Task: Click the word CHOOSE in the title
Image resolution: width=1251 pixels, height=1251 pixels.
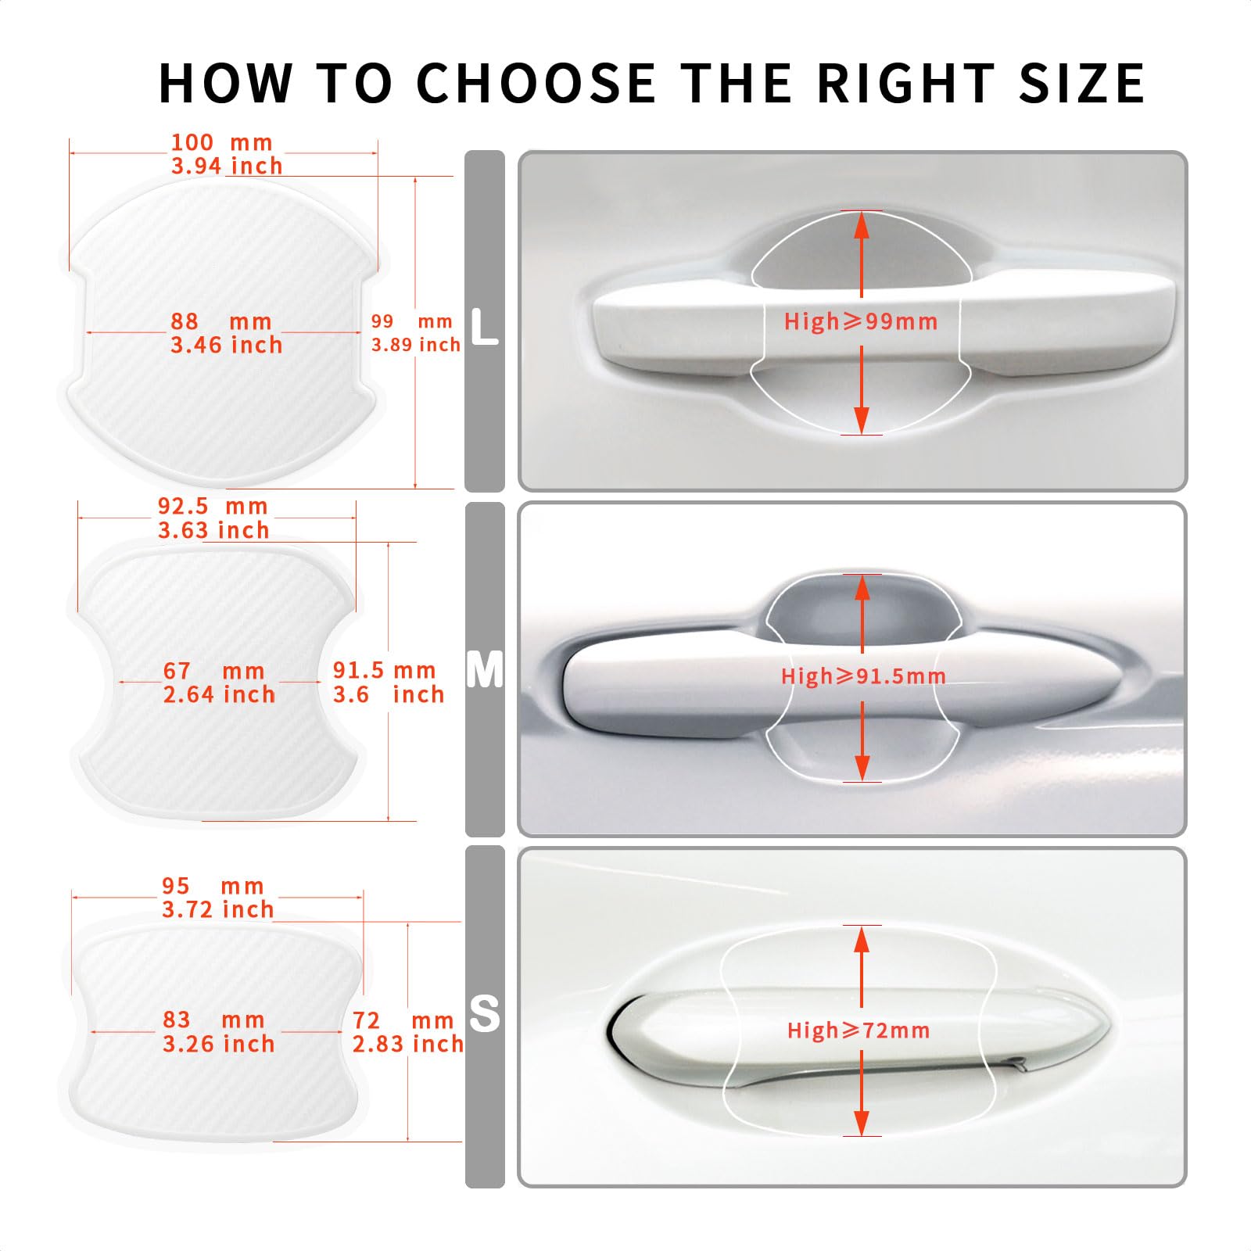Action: click(x=536, y=83)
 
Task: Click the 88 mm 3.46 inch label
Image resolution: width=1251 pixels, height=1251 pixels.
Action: click(x=226, y=333)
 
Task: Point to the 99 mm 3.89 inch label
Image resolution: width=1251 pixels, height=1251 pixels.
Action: click(x=415, y=333)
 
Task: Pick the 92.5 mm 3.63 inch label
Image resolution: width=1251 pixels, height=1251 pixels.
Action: click(x=213, y=518)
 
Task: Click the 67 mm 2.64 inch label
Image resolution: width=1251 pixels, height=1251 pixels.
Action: click(x=219, y=683)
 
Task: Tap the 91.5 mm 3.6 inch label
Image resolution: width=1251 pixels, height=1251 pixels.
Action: click(x=388, y=683)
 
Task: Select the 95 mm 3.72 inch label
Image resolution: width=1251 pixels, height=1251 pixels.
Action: click(x=218, y=898)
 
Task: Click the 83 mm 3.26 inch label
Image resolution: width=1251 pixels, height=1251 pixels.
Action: click(x=218, y=1032)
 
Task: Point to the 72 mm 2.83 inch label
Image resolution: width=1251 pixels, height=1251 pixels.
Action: click(x=407, y=1032)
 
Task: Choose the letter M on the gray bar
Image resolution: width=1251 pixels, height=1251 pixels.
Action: click(x=485, y=670)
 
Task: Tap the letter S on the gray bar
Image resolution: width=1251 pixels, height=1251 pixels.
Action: click(x=485, y=1014)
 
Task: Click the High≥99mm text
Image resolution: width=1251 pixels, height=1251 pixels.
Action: click(x=861, y=321)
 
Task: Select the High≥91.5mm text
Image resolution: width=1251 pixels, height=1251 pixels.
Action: click(x=863, y=676)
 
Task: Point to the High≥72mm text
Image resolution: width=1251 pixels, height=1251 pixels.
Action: click(x=858, y=1031)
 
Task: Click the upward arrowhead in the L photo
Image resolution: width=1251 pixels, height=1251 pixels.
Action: click(x=862, y=225)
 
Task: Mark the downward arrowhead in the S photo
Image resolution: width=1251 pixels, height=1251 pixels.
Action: click(x=862, y=1123)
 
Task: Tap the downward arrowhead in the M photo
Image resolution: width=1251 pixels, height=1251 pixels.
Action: click(x=862, y=768)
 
